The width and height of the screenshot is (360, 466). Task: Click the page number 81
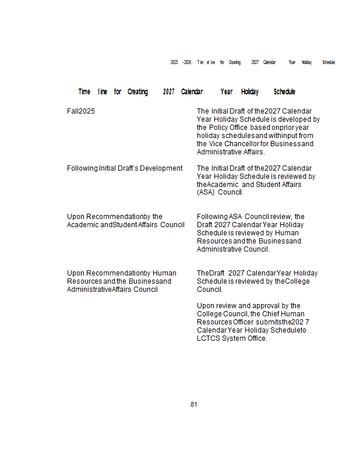pos(194,404)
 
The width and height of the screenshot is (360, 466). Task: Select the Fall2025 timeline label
pos(81,111)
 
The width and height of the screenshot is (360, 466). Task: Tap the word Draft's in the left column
pos(139,168)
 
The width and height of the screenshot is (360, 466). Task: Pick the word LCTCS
pos(209,338)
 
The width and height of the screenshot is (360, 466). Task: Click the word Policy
pos(219,128)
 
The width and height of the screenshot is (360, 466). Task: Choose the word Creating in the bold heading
pos(137,92)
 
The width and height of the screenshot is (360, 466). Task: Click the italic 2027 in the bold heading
pos(168,92)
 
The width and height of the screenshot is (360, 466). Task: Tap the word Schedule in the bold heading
pos(284,92)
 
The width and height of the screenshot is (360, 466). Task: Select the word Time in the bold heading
pos(84,92)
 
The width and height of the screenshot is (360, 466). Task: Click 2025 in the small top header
pos(174,62)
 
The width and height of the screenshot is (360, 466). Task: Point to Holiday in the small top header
pos(306,62)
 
